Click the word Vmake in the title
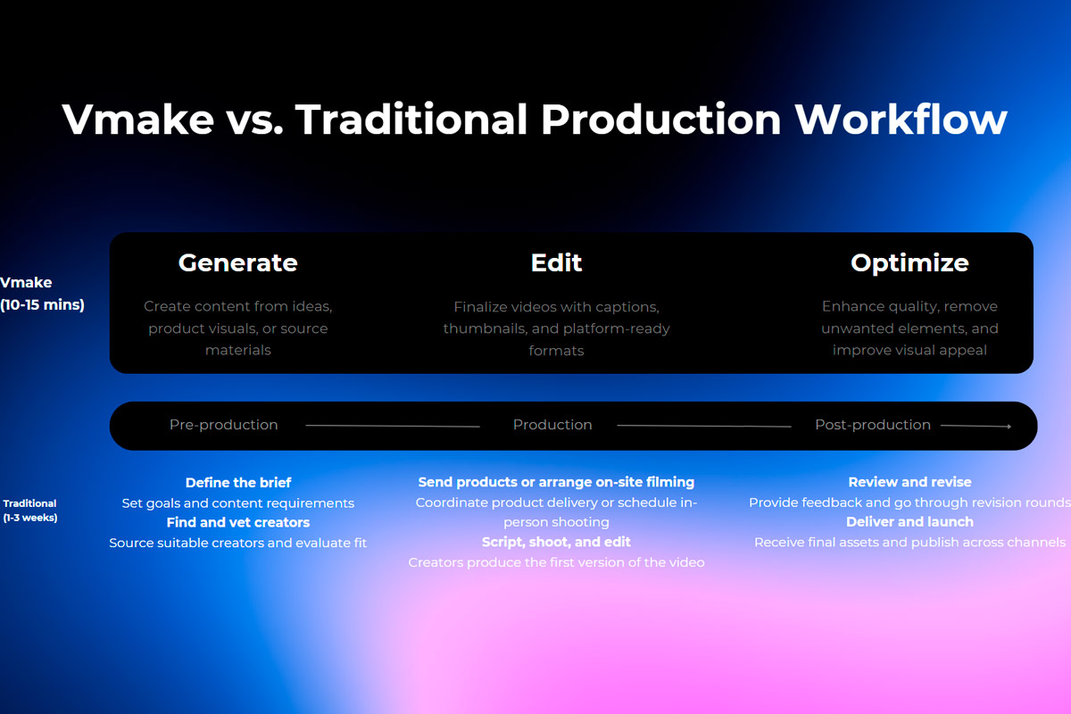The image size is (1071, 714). point(137,119)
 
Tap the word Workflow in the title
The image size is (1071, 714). point(901,119)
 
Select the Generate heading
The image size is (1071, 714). point(238,262)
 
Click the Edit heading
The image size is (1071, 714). point(556,262)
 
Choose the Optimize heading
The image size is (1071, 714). point(909,263)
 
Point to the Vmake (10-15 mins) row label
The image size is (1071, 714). point(42,293)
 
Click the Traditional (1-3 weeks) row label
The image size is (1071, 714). point(30,511)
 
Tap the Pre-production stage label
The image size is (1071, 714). point(224,425)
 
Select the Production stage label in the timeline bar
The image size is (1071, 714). point(552,425)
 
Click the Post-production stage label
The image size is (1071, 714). point(873,425)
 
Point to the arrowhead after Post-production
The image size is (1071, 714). point(1009,426)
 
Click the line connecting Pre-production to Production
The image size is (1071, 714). point(393,426)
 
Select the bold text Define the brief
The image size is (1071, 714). point(238,483)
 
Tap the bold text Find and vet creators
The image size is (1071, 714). point(238,522)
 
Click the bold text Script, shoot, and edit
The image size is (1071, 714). point(556,543)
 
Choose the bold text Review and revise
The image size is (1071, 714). point(909,482)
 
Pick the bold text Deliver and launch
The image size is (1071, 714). point(909,522)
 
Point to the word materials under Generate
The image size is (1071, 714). point(238,351)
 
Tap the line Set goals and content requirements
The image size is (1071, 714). point(238,503)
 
